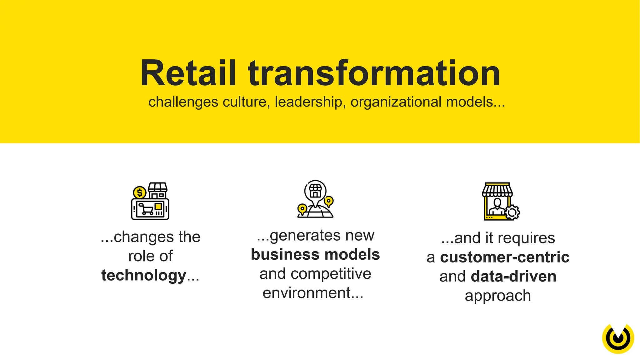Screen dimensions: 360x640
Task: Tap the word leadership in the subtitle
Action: (308, 102)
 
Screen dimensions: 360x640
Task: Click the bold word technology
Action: (144, 275)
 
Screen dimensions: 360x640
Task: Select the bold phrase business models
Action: (315, 254)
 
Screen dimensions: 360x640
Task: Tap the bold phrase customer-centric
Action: (504, 257)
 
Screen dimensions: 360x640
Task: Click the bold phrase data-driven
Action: (513, 276)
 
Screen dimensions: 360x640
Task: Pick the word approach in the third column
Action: (497, 296)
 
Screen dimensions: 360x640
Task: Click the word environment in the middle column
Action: (307, 293)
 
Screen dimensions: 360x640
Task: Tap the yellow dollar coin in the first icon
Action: (139, 193)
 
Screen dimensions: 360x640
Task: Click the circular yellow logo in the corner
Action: (618, 338)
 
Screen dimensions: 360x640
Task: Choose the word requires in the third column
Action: (526, 238)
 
